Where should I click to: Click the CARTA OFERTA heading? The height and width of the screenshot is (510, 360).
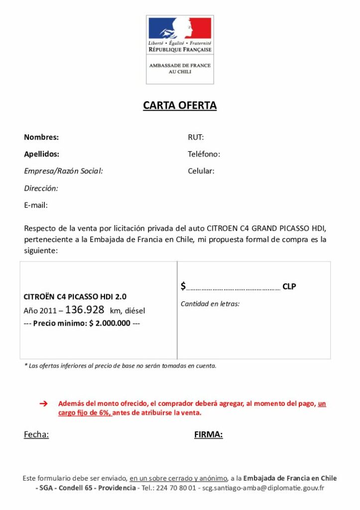coord(180,106)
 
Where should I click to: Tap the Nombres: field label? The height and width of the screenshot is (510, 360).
coord(41,137)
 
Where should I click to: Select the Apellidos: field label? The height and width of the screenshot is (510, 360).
coord(42,154)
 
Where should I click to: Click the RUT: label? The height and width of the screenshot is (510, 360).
coord(196,137)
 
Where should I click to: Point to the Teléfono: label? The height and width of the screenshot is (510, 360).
coord(204,154)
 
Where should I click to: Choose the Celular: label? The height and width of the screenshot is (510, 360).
coord(201,171)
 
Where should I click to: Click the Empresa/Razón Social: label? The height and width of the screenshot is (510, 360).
coord(63,171)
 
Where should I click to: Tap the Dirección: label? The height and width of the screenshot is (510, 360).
coord(41,188)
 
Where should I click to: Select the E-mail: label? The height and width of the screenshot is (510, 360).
coord(36,205)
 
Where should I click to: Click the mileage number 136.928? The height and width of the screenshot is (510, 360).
coord(85,310)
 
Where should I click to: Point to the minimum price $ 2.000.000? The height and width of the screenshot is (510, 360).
coord(110,323)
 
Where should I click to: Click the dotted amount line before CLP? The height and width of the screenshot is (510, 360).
coord(233,287)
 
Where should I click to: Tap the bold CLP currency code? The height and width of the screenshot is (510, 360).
coord(289,286)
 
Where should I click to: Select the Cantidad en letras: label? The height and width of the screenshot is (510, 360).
coord(210,304)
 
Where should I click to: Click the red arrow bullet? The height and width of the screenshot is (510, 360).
coord(43,403)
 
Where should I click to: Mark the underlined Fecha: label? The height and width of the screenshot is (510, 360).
coord(36,435)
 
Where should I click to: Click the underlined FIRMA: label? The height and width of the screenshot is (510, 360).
coord(208,435)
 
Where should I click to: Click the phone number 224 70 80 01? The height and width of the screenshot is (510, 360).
coord(176,488)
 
